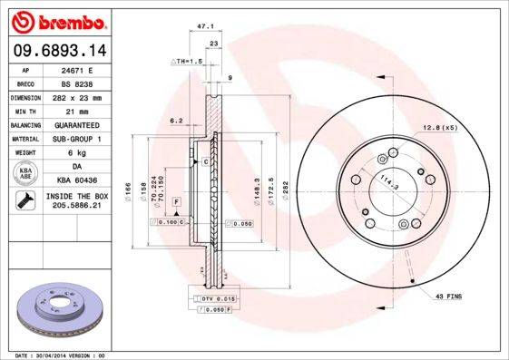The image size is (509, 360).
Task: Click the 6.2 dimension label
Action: click(177, 120)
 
